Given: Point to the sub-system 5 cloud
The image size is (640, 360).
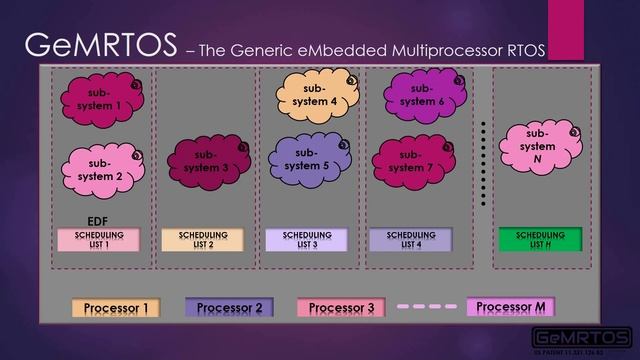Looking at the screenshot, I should click(311, 158).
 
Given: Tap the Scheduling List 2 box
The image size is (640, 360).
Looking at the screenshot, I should click(203, 239).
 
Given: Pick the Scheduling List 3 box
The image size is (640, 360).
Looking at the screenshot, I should click(307, 239).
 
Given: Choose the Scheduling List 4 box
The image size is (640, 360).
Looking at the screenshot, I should click(410, 239).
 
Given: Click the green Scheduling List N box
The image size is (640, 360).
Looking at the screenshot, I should click(540, 239).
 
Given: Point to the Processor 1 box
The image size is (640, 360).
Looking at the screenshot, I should click(117, 308).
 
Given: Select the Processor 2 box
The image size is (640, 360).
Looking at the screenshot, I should click(230, 308).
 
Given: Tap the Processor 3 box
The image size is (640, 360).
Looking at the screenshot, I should click(342, 308).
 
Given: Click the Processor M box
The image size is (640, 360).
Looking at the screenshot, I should click(510, 306).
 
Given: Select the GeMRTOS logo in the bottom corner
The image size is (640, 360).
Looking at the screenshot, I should click(582, 337).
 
